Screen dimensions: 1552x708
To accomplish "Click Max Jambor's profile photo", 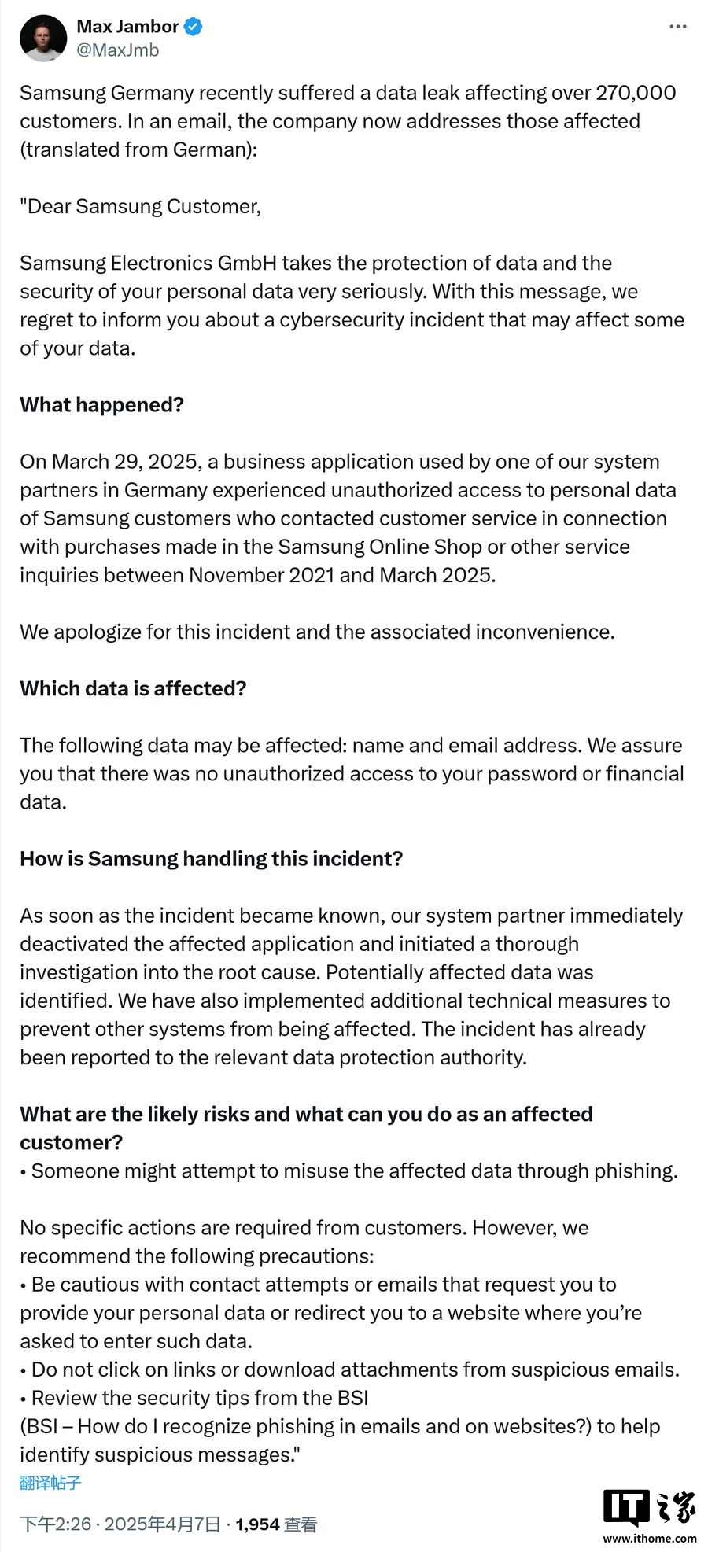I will click(43, 38).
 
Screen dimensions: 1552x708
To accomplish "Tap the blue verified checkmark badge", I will click(193, 27).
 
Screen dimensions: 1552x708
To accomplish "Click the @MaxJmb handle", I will click(117, 50).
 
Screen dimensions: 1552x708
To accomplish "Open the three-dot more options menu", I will click(677, 27).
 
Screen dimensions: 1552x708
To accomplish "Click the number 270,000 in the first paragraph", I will click(636, 93).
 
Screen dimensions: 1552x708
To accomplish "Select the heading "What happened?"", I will click(101, 405).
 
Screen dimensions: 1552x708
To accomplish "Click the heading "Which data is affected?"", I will click(133, 689).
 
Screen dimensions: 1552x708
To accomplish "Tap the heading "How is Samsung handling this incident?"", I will click(211, 859).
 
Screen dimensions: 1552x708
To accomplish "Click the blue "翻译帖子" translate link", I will click(50, 1484).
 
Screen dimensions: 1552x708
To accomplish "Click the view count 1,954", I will click(257, 1524).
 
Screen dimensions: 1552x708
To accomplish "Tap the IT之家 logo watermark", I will click(649, 1507).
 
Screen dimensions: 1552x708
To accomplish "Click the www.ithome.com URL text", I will click(650, 1538).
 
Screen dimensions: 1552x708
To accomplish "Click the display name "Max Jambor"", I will click(127, 27).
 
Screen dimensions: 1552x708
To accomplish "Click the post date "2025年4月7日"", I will click(162, 1524).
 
